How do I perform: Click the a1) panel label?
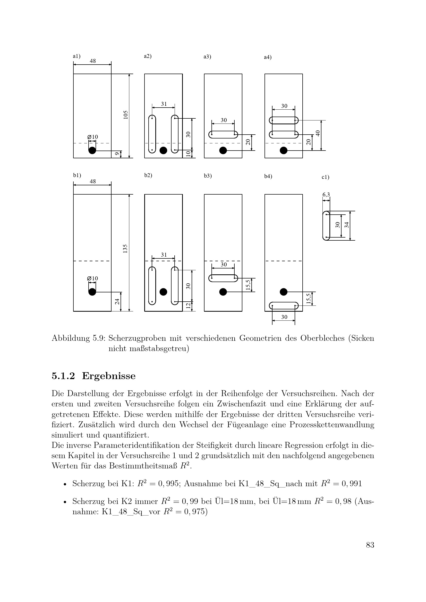[x=76, y=56]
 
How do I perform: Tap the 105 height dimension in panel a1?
[x=126, y=115]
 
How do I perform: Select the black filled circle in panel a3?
[x=223, y=150]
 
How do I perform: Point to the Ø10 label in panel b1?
[x=93, y=278]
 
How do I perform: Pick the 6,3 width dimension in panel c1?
[x=326, y=195]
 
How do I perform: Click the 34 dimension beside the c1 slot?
[x=347, y=225]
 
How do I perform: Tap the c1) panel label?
[x=325, y=177]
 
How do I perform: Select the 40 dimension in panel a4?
[x=318, y=133]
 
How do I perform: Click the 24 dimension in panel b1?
[x=117, y=302]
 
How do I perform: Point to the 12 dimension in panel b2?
[x=188, y=306]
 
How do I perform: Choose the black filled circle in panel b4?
[x=284, y=292]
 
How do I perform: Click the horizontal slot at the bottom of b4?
[x=284, y=306]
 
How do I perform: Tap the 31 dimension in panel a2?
[x=164, y=104]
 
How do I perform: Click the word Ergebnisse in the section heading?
[x=109, y=376]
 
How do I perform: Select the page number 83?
[x=370, y=545]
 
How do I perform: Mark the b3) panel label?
[x=208, y=176]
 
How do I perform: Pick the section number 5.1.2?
[x=63, y=376]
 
